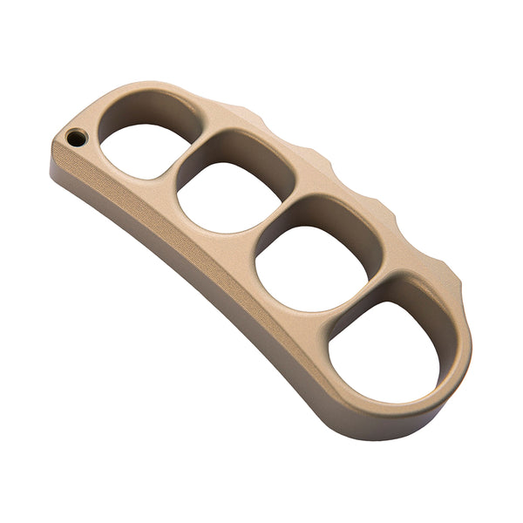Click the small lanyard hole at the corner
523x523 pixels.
77,138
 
